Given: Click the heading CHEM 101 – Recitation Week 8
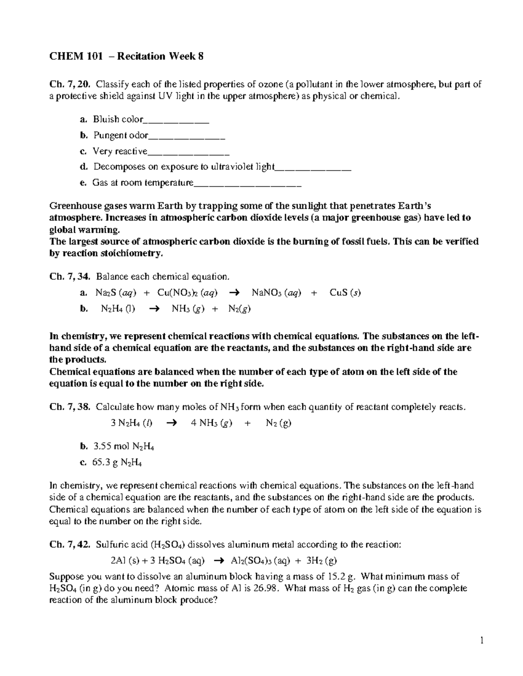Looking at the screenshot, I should pyautogui.click(x=126, y=56).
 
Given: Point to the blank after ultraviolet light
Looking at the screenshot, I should pyautogui.click(x=313, y=170).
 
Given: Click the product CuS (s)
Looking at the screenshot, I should pyautogui.click(x=345, y=293).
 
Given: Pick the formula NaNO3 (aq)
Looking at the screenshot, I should pyautogui.click(x=276, y=293).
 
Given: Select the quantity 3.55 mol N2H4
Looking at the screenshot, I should pyautogui.click(x=124, y=447).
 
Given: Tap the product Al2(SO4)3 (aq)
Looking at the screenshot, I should pyautogui.click(x=260, y=561).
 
